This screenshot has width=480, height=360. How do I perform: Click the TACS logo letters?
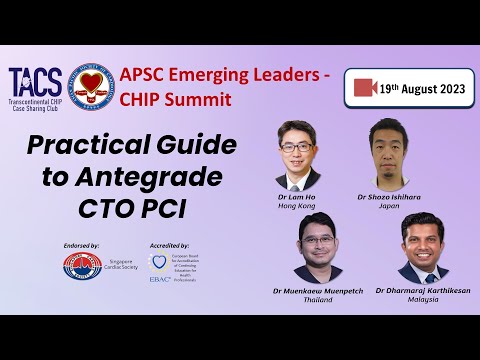point(34,77)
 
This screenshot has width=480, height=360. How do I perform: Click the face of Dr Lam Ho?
point(298,144)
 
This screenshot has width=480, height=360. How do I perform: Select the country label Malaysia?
point(422,298)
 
